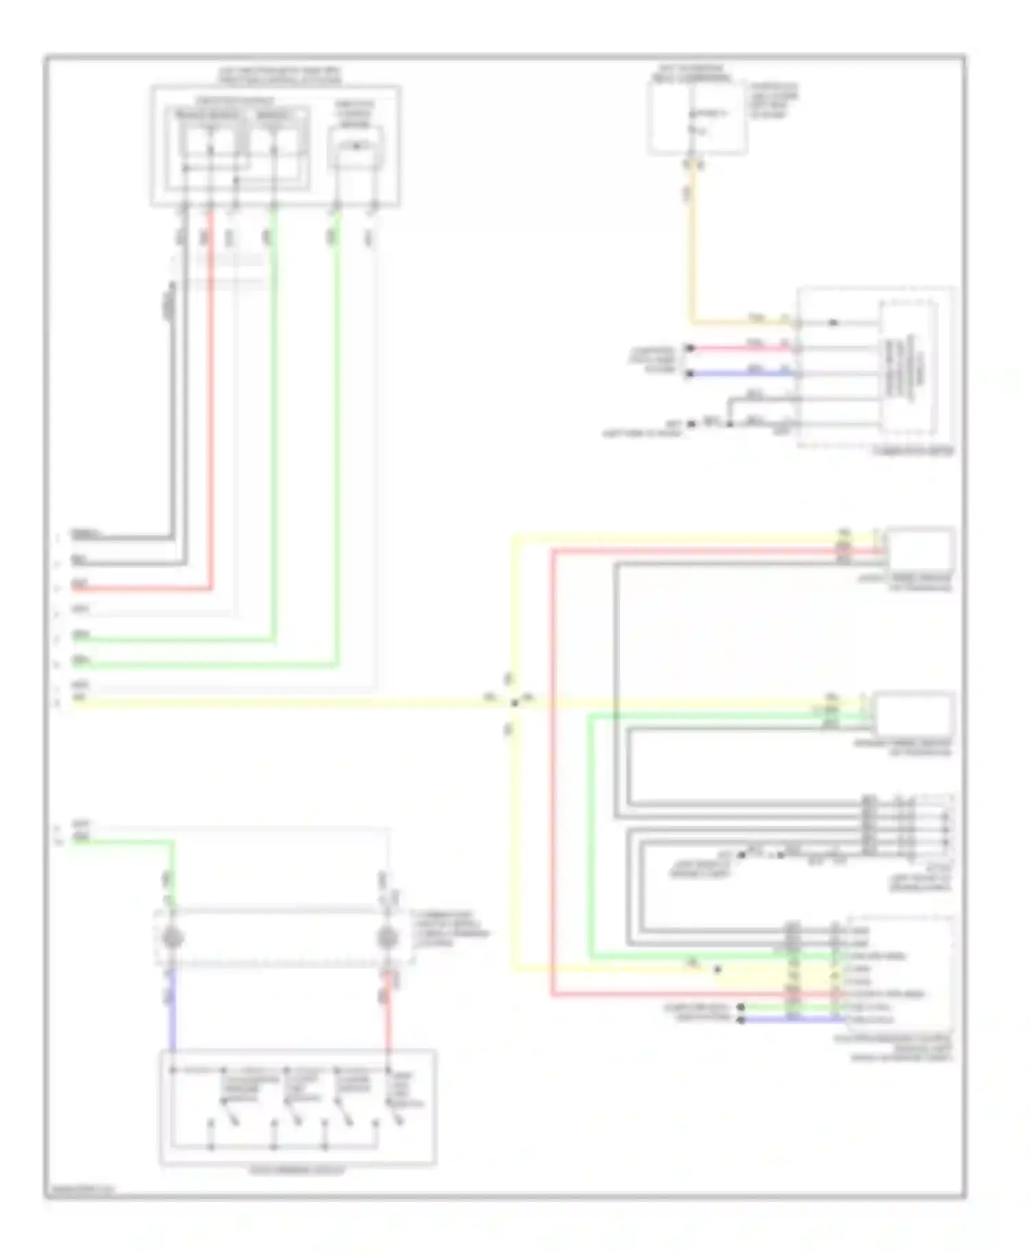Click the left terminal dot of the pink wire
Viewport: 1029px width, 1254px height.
[x=691, y=348]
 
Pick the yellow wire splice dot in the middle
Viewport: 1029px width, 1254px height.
[x=514, y=702]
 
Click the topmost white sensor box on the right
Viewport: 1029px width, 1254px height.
[x=920, y=549]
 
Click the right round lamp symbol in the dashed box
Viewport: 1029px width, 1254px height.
[x=388, y=938]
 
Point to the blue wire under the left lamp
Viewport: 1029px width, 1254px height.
[x=171, y=1008]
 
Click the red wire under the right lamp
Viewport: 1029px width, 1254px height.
[x=388, y=1015]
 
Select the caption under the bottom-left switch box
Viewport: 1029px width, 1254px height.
[x=297, y=1171]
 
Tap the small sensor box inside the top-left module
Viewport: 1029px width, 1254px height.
[x=355, y=147]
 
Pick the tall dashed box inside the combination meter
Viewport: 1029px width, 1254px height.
[x=910, y=367]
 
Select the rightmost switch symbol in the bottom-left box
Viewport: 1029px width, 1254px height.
[x=399, y=1120]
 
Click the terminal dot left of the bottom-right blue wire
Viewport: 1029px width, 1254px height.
[x=741, y=1021]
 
